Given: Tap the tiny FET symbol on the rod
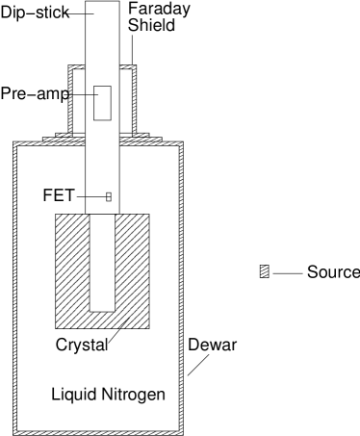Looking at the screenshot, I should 108,197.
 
